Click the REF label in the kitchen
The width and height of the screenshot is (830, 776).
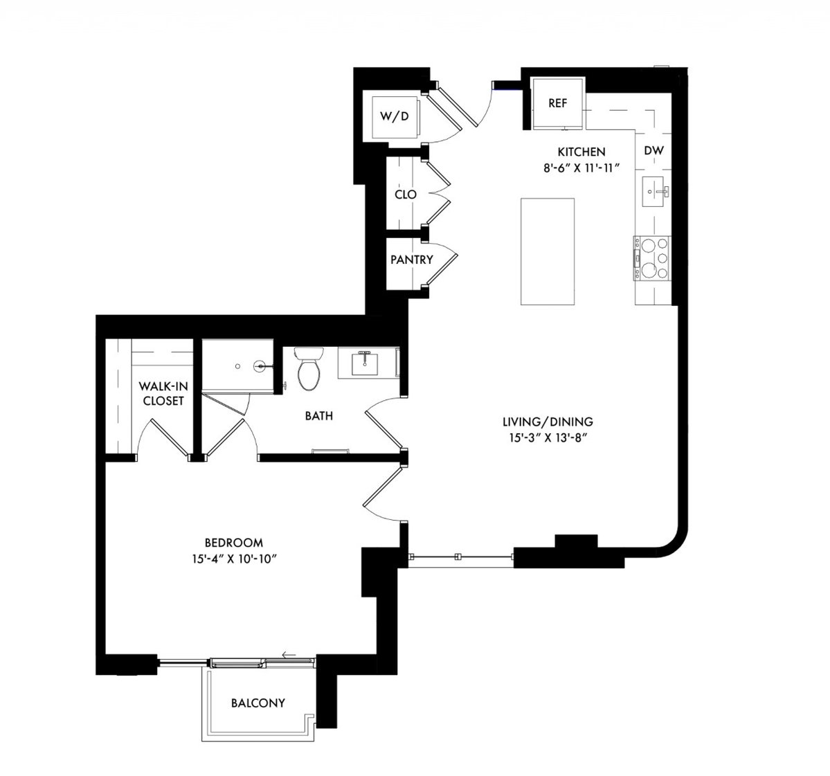[557, 103]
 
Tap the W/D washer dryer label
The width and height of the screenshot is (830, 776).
[395, 116]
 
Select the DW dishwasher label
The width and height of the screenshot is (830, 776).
[653, 150]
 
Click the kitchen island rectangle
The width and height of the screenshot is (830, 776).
[548, 251]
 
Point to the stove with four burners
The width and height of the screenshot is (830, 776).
[652, 258]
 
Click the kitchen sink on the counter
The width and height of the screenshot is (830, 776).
[656, 191]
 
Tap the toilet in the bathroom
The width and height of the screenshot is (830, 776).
[309, 368]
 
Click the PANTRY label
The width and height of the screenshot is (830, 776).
[412, 260]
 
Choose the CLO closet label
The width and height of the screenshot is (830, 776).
[406, 195]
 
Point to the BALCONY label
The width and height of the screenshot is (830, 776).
[258, 703]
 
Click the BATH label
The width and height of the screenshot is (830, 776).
[318, 415]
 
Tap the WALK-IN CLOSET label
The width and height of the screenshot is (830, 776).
[163, 393]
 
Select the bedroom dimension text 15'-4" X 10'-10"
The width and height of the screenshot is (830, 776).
[235, 559]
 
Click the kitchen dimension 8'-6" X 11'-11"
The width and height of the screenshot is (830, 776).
[581, 168]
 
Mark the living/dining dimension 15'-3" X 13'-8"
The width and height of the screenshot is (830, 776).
[548, 437]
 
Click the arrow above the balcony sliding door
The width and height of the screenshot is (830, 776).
[289, 656]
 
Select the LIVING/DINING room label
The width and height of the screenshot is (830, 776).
[548, 422]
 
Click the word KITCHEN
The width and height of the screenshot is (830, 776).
[581, 152]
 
